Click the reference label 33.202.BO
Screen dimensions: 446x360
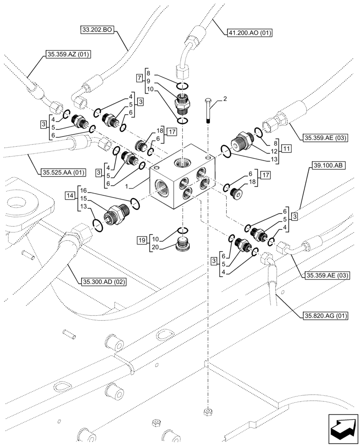click(x=98, y=30)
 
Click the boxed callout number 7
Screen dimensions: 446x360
click(x=140, y=78)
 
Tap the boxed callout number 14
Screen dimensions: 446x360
click(x=70, y=195)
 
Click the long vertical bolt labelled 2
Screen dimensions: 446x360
click(x=209, y=110)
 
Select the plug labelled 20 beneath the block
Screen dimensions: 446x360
click(x=182, y=245)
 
